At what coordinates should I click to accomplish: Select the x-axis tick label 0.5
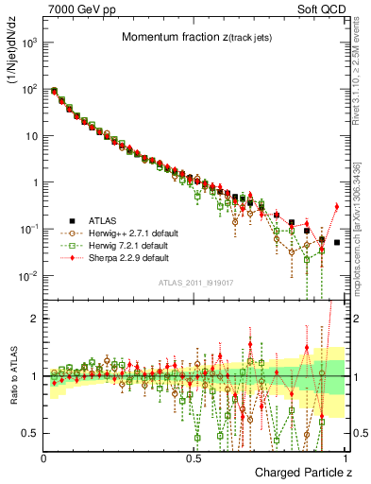point(194,457)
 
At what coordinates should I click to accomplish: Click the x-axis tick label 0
point(44,457)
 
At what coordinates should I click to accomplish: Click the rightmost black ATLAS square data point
point(337,242)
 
